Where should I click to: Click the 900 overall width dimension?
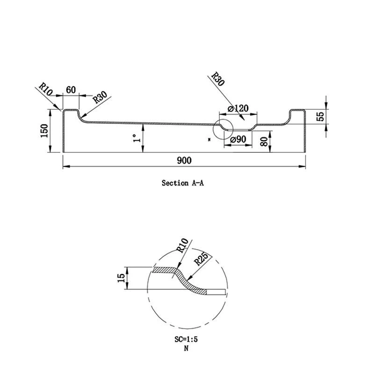(184, 160)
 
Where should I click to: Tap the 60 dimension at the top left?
(71, 90)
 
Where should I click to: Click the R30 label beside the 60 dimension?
(100, 98)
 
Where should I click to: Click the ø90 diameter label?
(238, 139)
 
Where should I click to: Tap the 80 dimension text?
(265, 142)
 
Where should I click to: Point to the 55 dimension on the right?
(320, 116)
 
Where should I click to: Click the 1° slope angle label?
(136, 138)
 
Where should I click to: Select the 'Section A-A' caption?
(183, 183)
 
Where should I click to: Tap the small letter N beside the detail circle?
(210, 139)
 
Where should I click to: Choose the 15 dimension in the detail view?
(122, 278)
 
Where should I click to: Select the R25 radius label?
(200, 259)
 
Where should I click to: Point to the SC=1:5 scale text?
(186, 340)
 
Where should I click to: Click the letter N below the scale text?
(186, 349)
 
